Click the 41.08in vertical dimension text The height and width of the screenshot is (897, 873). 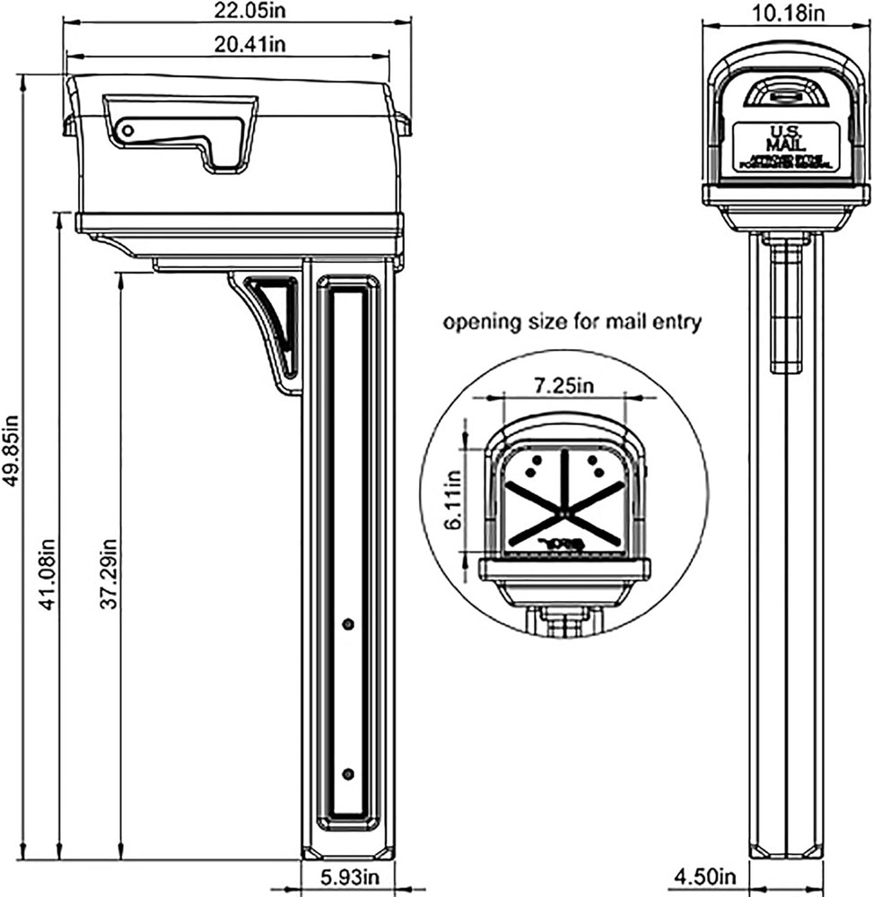coord(48,573)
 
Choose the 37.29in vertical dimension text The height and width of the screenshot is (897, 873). coord(109,573)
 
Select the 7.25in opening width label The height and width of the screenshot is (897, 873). coord(563,385)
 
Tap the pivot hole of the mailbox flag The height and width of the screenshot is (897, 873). coord(127,131)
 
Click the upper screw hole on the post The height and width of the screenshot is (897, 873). coord(348,623)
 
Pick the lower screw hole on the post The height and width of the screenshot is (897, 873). coord(348,773)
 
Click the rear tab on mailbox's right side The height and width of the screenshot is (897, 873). coord(403,124)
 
